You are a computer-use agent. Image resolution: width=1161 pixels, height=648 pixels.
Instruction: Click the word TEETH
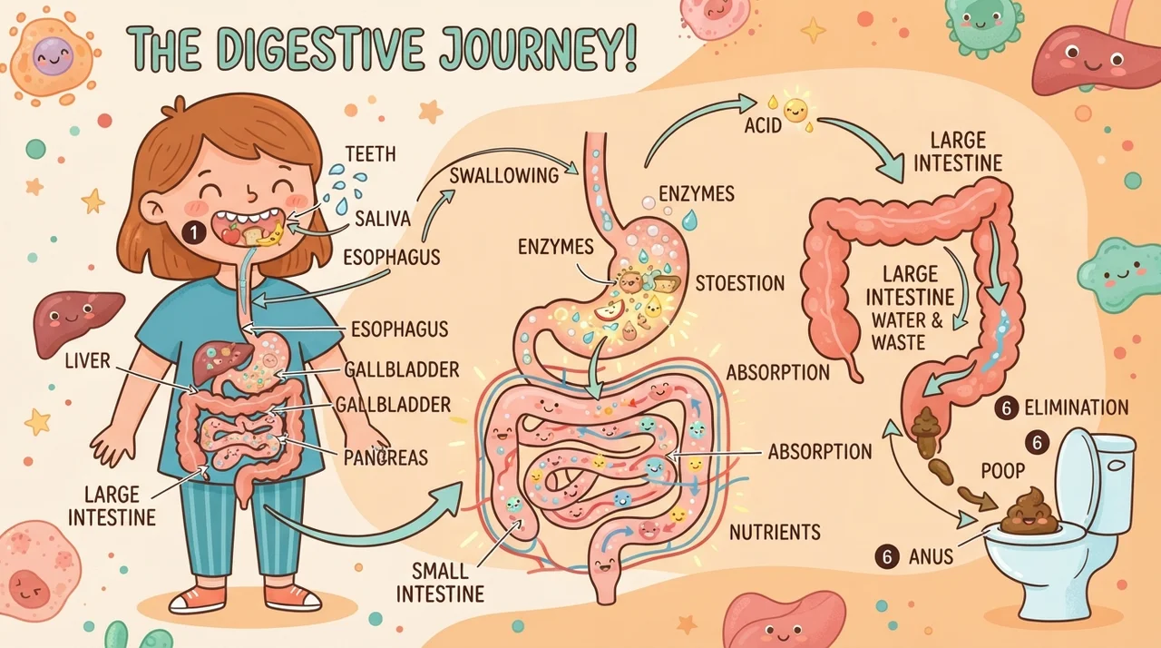tap(371, 154)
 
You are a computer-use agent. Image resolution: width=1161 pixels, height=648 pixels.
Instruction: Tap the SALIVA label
tap(383, 219)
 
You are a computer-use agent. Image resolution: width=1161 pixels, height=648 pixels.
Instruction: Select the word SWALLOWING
tap(503, 176)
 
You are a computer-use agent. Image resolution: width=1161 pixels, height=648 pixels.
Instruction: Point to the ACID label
tap(763, 125)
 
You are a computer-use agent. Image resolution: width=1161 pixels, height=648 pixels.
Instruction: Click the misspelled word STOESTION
tap(739, 283)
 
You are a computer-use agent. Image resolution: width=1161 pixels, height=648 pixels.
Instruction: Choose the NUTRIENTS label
tap(775, 532)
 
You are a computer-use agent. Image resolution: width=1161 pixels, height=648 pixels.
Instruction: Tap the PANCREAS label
tap(385, 457)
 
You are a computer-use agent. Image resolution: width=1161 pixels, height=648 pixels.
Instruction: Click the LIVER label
tap(88, 361)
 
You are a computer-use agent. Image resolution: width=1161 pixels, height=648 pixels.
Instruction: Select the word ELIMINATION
tap(1077, 407)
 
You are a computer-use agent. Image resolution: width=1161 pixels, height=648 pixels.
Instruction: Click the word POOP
tap(1003, 471)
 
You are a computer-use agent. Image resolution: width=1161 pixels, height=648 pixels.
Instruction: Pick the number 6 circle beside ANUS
tap(887, 556)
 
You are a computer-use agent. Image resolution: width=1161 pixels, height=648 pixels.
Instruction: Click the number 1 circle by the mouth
tap(194, 232)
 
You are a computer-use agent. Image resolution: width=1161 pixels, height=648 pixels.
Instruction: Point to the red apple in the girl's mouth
tap(230, 234)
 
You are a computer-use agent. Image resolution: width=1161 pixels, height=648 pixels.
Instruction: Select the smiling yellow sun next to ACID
tap(796, 110)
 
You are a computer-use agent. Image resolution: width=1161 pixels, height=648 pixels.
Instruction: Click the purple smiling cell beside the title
tap(54, 55)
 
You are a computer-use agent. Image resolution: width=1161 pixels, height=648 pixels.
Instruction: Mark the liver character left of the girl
tap(77, 322)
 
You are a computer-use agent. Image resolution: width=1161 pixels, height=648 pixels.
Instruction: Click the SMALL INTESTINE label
tap(441, 583)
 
